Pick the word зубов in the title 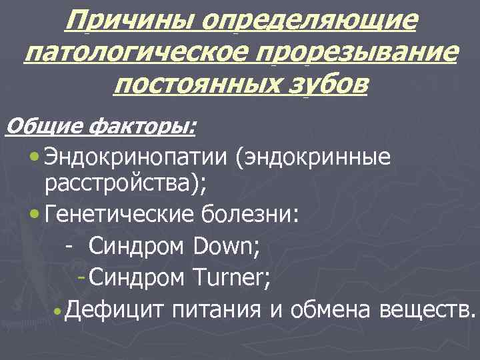point(333,85)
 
